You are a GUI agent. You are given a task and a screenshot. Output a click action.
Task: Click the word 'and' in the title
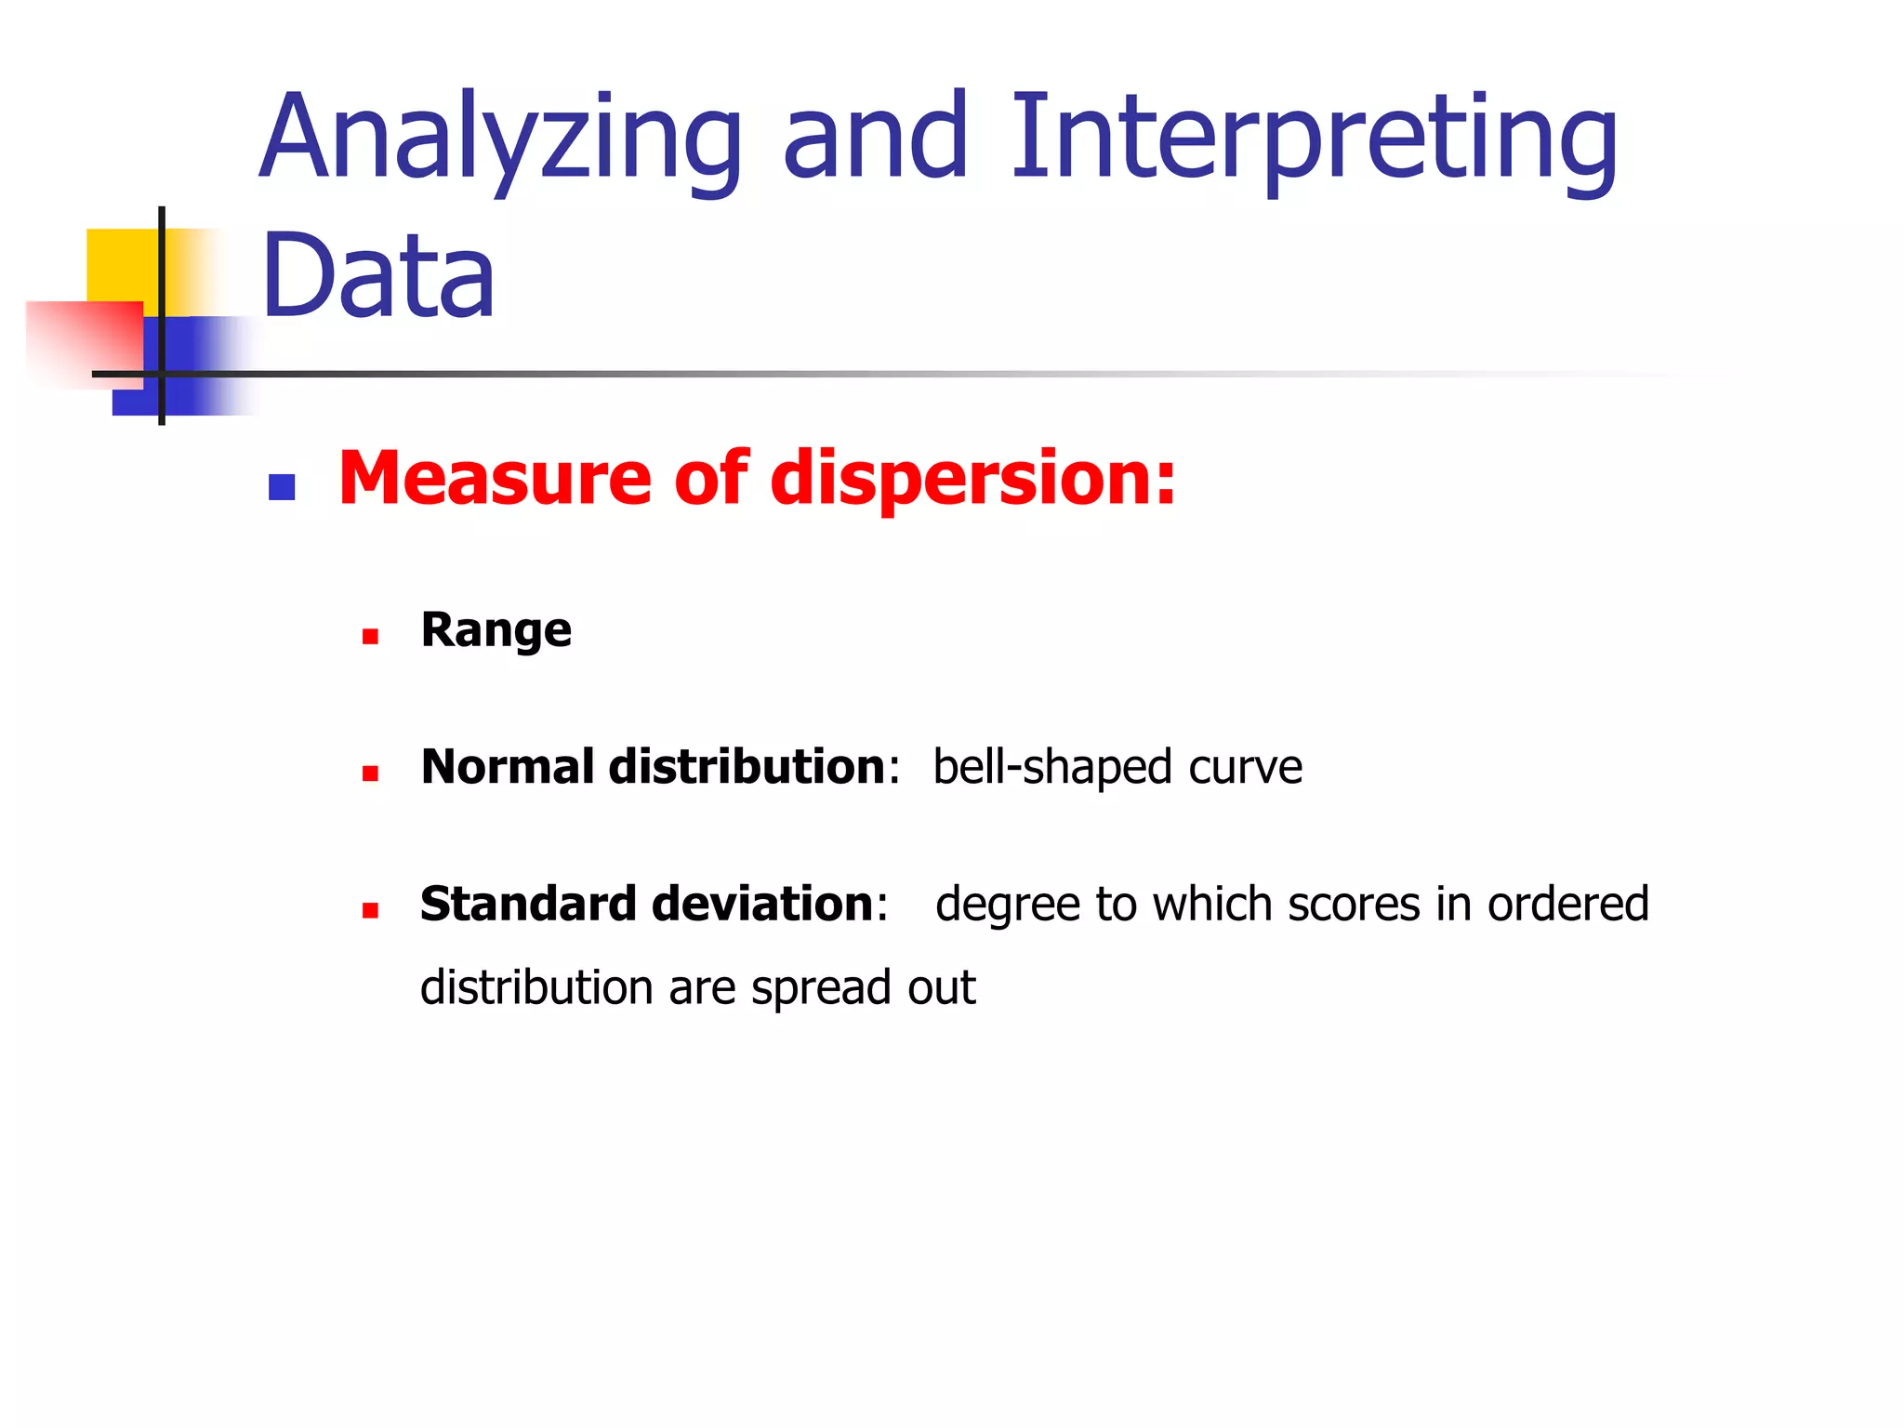click(x=876, y=139)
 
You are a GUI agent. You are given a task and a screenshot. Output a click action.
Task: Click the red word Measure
click(x=494, y=478)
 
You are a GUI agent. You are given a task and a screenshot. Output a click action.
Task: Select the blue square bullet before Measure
click(x=282, y=487)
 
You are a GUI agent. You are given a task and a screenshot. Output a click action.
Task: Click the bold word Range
click(x=496, y=631)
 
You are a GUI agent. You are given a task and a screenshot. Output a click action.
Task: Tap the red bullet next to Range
click(x=370, y=637)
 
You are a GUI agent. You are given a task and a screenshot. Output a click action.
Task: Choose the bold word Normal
click(x=508, y=767)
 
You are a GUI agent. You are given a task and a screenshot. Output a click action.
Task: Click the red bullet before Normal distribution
click(x=370, y=773)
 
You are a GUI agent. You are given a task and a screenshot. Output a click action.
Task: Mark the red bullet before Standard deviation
click(x=370, y=910)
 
